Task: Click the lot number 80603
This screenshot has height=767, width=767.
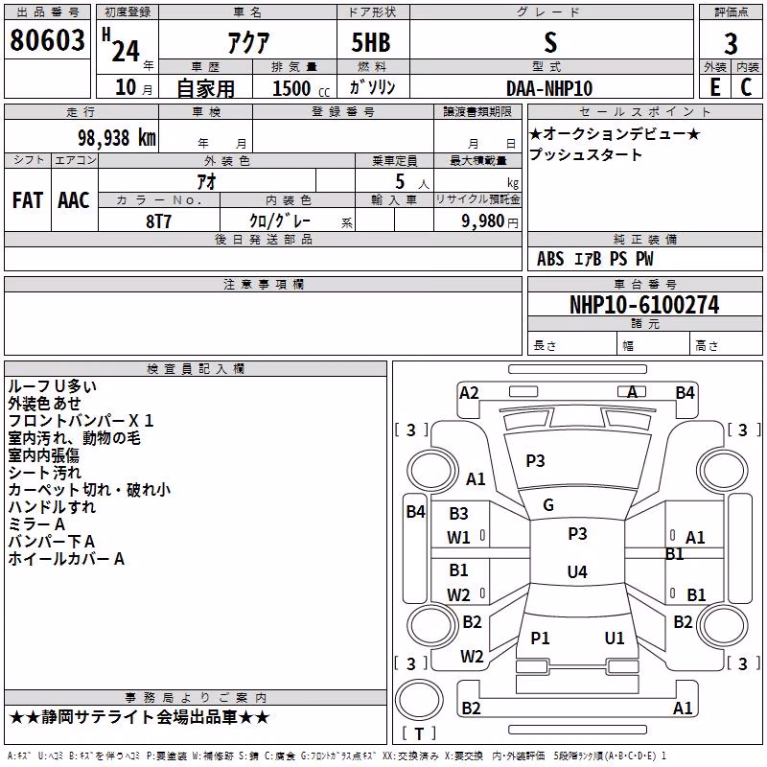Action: [x=47, y=39]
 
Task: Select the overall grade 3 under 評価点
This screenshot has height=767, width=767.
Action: [x=731, y=43]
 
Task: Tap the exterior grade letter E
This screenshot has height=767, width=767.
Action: [x=715, y=87]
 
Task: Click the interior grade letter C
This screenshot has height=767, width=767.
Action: [x=746, y=87]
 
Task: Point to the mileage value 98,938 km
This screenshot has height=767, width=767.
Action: [x=117, y=137]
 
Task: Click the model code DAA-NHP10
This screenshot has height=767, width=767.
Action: [x=549, y=88]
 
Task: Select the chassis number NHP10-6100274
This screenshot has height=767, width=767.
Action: [x=644, y=305]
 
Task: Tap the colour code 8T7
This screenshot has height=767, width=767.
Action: [x=158, y=221]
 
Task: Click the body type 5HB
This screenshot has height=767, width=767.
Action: [x=371, y=42]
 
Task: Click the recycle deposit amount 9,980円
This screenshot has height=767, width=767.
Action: [x=490, y=221]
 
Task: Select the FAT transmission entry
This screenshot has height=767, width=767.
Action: [x=28, y=200]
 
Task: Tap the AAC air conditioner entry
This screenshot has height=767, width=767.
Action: [x=74, y=200]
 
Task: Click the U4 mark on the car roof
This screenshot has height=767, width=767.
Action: [x=577, y=571]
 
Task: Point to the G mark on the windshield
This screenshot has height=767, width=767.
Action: [x=548, y=505]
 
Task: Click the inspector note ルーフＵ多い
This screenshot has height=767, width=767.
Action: [x=53, y=386]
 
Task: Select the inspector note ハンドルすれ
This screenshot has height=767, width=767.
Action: [x=53, y=507]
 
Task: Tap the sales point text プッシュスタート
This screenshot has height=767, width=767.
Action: [x=585, y=154]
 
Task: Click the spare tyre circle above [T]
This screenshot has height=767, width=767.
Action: [x=419, y=700]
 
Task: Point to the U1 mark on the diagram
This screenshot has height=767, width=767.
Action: [x=615, y=638]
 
